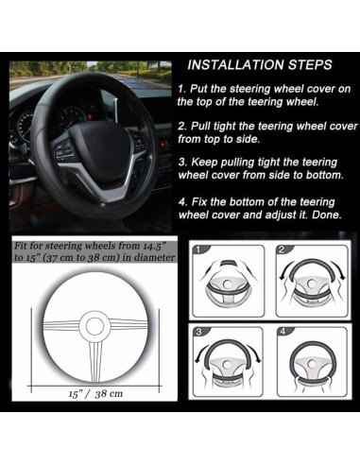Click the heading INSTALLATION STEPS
(x=260, y=65)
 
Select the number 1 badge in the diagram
(x=198, y=250)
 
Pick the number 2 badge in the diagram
(x=282, y=250)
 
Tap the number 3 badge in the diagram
(x=198, y=332)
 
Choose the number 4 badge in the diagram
(x=283, y=332)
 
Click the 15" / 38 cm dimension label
(x=95, y=394)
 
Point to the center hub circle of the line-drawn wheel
(x=94, y=326)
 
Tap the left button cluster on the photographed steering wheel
(x=63, y=148)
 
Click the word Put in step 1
(x=198, y=89)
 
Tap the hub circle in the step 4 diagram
(x=311, y=364)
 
